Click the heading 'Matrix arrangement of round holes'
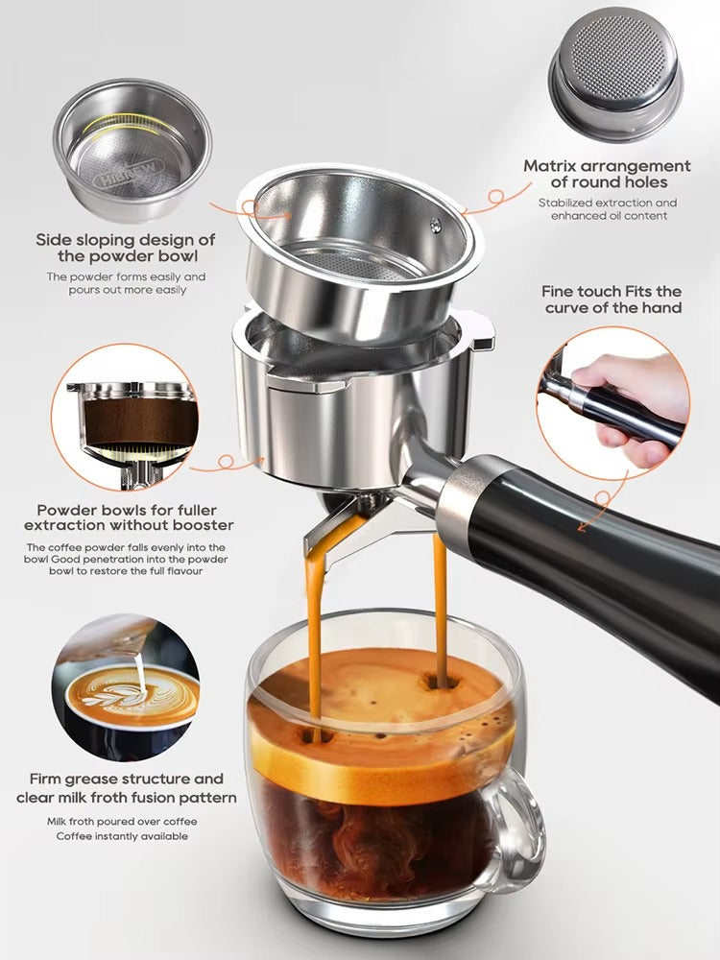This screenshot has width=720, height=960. [607, 174]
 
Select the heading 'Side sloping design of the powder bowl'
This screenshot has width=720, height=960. [126, 248]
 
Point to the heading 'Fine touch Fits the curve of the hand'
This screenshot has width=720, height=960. [612, 299]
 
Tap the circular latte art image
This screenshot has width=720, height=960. [126, 687]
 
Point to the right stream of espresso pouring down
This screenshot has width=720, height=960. [440, 605]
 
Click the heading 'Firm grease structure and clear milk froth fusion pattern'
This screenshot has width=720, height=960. [126, 788]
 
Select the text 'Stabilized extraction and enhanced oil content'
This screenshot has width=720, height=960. [607, 209]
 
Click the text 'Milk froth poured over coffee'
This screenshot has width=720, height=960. [121, 822]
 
